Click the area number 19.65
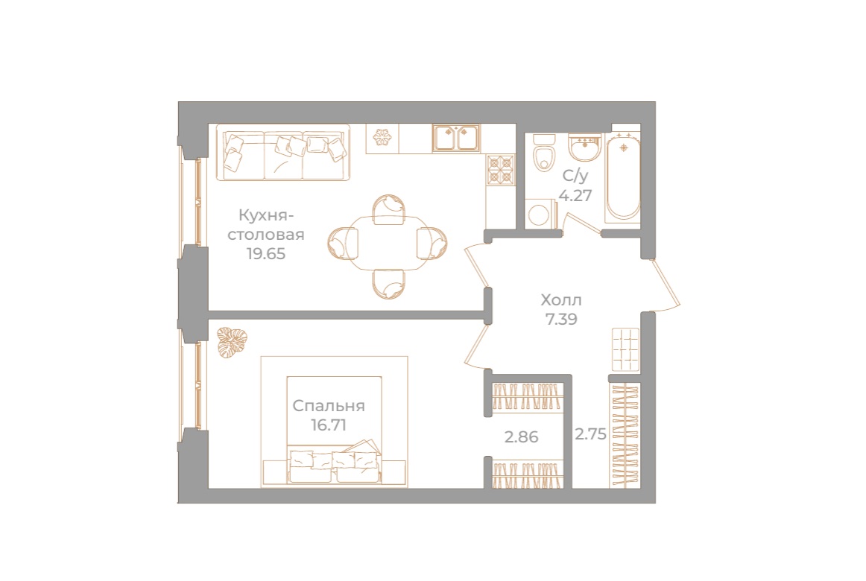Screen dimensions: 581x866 (267, 253)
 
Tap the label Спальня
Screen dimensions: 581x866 (328, 406)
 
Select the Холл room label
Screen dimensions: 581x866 (560, 301)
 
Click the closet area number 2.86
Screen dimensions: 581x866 (521, 437)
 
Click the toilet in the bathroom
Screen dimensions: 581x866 (544, 153)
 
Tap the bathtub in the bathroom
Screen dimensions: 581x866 (622, 177)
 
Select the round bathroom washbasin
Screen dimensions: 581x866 (584, 147)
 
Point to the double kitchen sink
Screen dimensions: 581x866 (456, 138)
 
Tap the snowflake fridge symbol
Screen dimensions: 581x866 (382, 138)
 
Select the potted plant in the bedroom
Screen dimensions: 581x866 (232, 342)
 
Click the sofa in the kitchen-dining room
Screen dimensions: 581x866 (283, 153)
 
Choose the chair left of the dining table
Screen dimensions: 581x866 (343, 243)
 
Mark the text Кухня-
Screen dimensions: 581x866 (262, 216)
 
